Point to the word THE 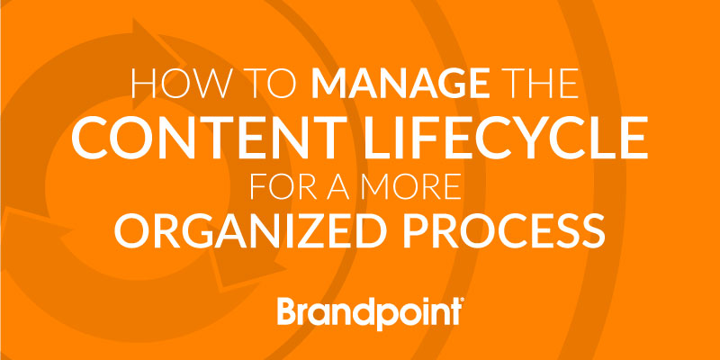pyautogui.click(x=538, y=84)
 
